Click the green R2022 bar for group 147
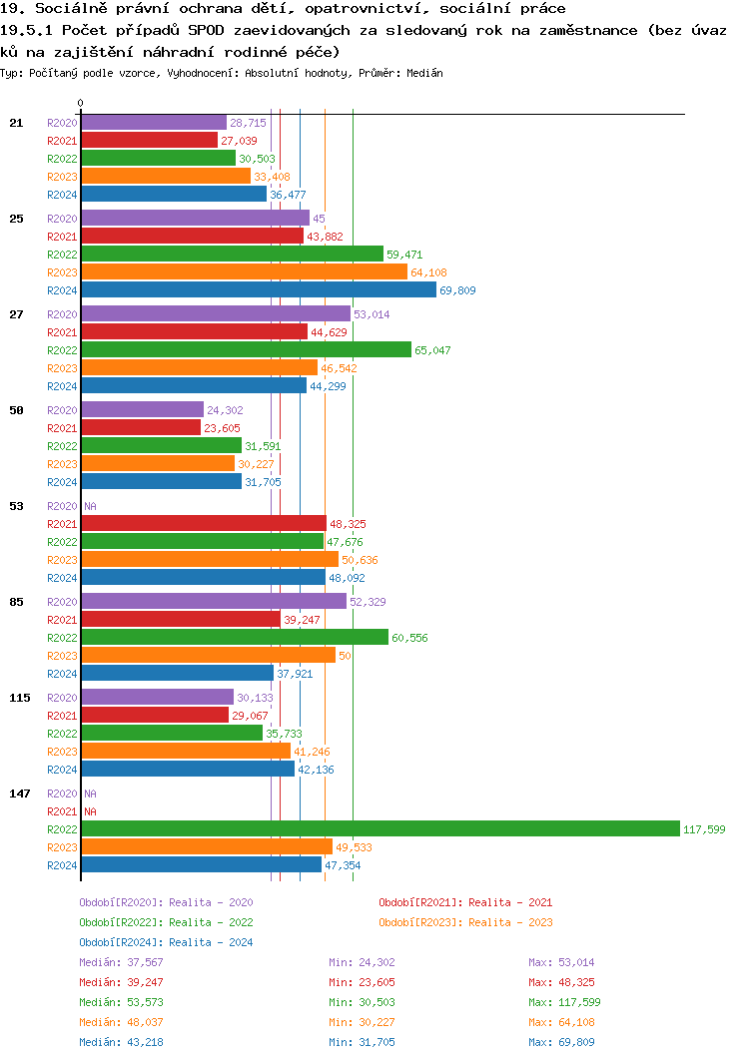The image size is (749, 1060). [x=379, y=829]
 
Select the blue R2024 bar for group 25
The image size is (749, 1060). [x=259, y=290]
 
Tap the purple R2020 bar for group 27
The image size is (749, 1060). [x=215, y=314]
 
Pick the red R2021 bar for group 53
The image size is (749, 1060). [x=203, y=524]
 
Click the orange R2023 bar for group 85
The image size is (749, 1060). [x=208, y=656]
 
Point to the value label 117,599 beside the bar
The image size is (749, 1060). [x=704, y=829]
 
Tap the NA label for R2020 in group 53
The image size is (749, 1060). [x=90, y=506]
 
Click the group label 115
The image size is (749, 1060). [x=20, y=698]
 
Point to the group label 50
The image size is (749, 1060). [x=16, y=410]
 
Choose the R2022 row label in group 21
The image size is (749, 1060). [x=62, y=159]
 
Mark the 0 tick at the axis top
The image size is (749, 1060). [x=81, y=103]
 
